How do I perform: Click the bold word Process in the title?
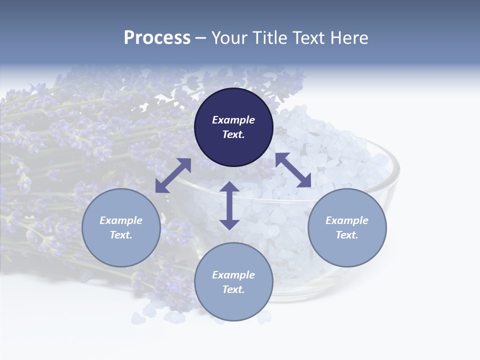pyautogui.click(x=157, y=38)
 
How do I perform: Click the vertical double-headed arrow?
pyautogui.click(x=229, y=205)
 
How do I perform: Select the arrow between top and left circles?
pyautogui.click(x=173, y=175)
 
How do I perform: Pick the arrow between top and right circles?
pyautogui.click(x=293, y=170)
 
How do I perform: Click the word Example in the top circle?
pyautogui.click(x=233, y=120)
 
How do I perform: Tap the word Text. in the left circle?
pyautogui.click(x=121, y=235)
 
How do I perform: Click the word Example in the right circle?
pyautogui.click(x=347, y=220)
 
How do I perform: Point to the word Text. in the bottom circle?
pyautogui.click(x=233, y=289)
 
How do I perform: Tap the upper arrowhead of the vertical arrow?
pyautogui.click(x=229, y=188)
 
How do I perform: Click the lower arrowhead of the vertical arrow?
pyautogui.click(x=229, y=223)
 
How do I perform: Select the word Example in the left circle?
pyautogui.click(x=121, y=220)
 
